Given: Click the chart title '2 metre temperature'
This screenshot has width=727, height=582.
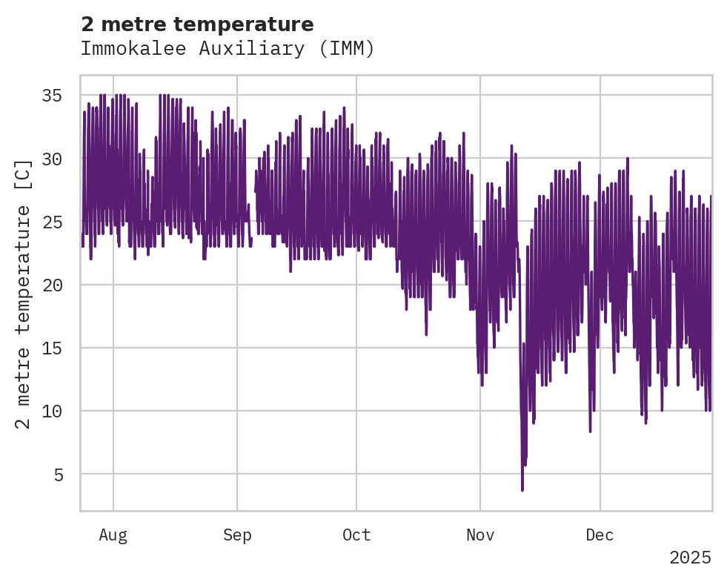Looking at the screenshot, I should pos(197,24).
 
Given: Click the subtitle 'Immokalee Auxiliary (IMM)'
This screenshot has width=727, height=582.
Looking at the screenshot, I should pos(228,49).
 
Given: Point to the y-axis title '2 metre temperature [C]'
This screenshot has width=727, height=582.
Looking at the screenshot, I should pos(23,294).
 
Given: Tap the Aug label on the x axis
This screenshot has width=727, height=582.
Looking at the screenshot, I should pos(113,535).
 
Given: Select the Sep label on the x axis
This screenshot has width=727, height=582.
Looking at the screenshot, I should pos(237,535).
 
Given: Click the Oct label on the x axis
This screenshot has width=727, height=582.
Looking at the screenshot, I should pos(356,535).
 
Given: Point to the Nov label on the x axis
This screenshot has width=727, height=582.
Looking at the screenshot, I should pos(480,535).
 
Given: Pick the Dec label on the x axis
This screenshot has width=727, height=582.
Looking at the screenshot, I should pos(600,535).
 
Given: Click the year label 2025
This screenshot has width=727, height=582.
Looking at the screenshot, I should pos(690,558).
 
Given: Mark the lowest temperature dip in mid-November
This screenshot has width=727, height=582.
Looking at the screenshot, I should pos(522,489).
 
